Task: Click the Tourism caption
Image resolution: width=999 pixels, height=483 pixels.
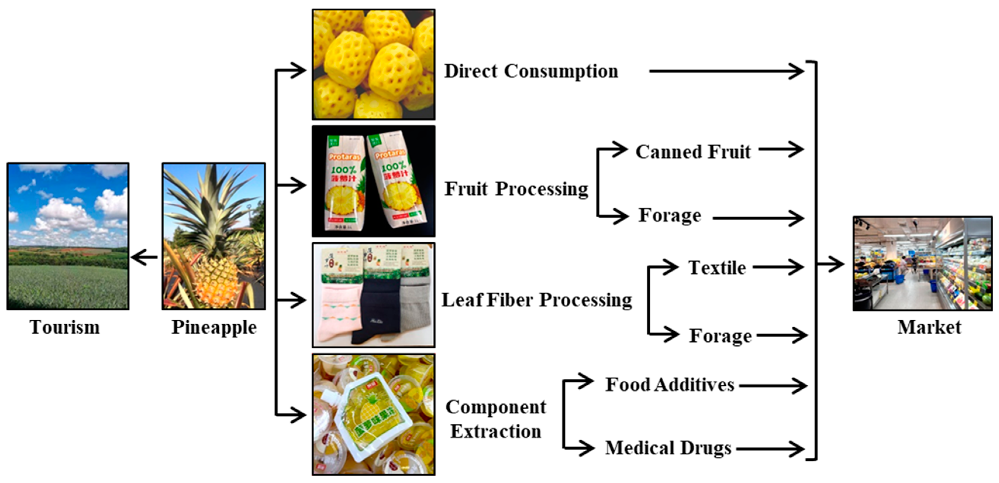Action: (x=65, y=327)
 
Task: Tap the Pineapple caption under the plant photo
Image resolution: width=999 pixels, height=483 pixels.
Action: (x=214, y=327)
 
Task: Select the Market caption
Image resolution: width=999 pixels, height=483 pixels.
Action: (x=929, y=327)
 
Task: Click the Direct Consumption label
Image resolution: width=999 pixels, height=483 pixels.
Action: (x=531, y=71)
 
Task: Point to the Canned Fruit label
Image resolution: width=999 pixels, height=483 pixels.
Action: (x=693, y=151)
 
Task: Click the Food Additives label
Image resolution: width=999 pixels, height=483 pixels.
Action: (x=670, y=385)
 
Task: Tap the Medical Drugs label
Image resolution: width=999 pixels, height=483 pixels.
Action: (x=668, y=448)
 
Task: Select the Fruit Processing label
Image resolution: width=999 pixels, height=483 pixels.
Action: (x=516, y=189)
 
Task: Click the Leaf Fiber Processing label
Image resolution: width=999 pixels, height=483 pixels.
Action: (x=537, y=300)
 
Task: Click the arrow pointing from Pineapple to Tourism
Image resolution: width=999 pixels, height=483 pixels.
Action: (x=144, y=257)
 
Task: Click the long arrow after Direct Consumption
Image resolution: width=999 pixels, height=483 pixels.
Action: (x=725, y=71)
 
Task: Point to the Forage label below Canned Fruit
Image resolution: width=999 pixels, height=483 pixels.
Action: (x=670, y=215)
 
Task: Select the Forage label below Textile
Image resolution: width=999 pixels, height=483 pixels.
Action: (x=720, y=336)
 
